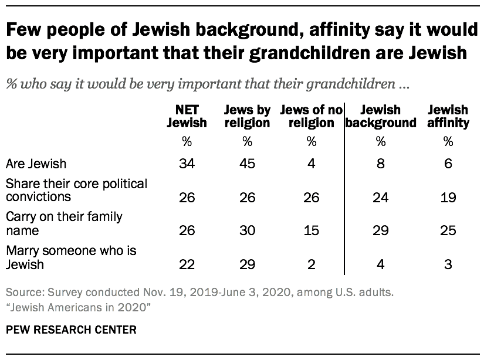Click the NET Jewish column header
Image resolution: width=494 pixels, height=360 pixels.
(x=187, y=116)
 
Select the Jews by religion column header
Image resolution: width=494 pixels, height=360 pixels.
(x=247, y=116)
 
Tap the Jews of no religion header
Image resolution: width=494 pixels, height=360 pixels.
(x=310, y=116)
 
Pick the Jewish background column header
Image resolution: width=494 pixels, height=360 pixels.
(x=380, y=116)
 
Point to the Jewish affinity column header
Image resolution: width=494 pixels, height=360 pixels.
(x=448, y=116)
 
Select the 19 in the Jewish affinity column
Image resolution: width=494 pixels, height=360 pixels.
(x=448, y=198)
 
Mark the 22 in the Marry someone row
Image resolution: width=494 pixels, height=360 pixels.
(x=187, y=264)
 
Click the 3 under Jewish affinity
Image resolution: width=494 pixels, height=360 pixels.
(x=448, y=264)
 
